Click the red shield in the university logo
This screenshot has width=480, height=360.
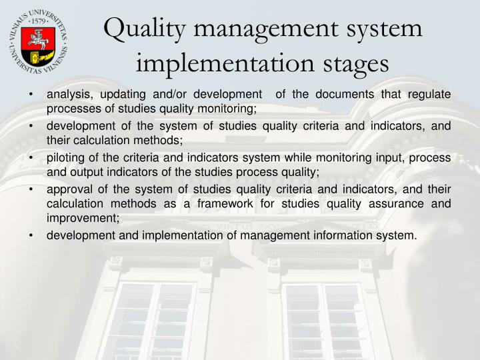[37, 43]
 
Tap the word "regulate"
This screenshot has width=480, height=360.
[427, 95]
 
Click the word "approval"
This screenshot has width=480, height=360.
[70, 189]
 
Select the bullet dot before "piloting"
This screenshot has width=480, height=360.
[32, 159]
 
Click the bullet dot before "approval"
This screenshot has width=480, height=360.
[32, 190]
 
